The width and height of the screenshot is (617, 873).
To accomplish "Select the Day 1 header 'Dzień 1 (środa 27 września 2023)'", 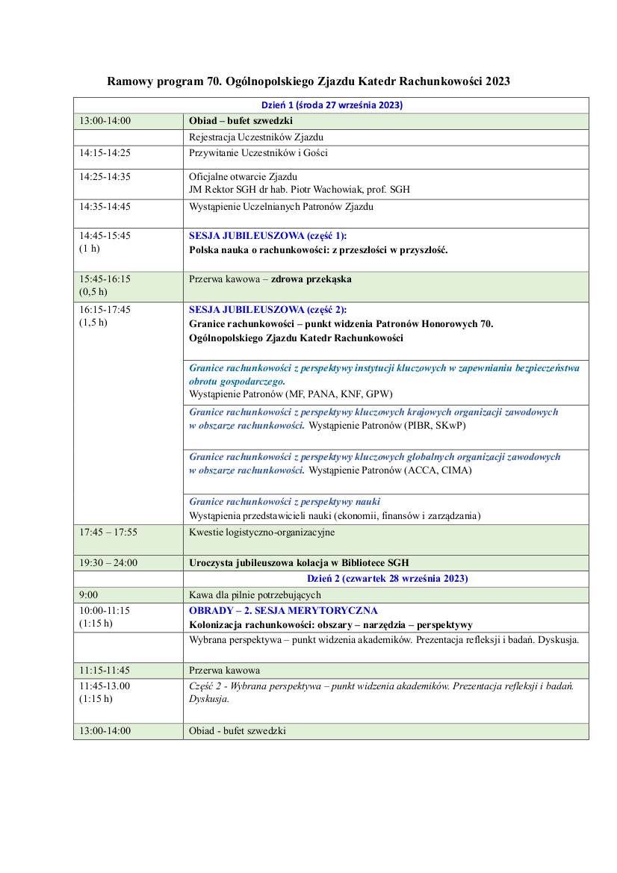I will pyautogui.click(x=332, y=105).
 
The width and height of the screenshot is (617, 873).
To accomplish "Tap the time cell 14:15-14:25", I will pyautogui.click(x=105, y=153).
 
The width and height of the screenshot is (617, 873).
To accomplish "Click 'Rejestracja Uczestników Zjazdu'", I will pyautogui.click(x=256, y=137).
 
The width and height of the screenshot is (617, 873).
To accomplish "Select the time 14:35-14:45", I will pyautogui.click(x=105, y=207).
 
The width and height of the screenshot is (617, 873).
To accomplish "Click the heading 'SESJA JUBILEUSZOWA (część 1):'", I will pyautogui.click(x=267, y=235).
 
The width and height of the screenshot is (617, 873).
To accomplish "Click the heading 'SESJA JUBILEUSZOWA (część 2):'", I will pyautogui.click(x=267, y=309).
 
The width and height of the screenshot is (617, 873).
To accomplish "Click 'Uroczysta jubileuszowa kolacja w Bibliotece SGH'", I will pyautogui.click(x=299, y=562).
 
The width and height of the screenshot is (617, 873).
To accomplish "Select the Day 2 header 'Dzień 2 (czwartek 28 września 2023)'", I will pyautogui.click(x=387, y=578).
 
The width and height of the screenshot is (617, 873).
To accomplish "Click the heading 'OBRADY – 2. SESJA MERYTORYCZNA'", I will pyautogui.click(x=283, y=610).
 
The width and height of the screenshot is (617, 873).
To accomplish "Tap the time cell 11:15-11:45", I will pyautogui.click(x=105, y=670).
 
